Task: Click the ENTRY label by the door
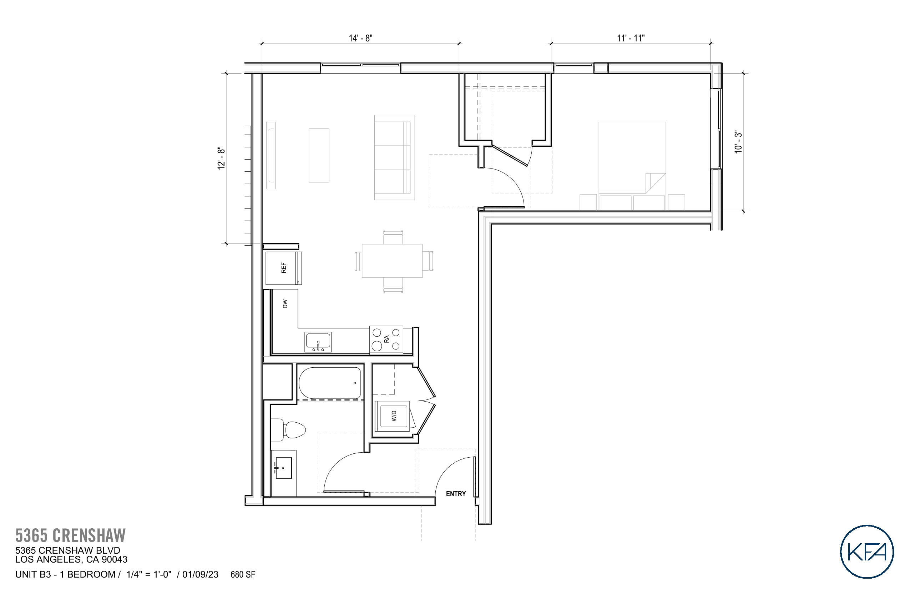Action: [x=455, y=494]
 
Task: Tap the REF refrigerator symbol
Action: [x=283, y=268]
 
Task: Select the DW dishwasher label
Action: [x=285, y=304]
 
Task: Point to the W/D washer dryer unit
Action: [x=393, y=416]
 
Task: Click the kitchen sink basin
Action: [x=318, y=341]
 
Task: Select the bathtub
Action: [x=330, y=383]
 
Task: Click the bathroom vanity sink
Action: [x=283, y=468]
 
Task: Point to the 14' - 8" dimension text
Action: [x=360, y=38]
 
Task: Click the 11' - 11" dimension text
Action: [x=631, y=38]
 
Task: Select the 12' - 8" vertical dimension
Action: [x=221, y=158]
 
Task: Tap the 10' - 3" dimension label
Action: [x=738, y=142]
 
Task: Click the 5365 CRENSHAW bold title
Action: [x=70, y=535]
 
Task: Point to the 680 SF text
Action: [x=243, y=574]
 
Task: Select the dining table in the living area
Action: [x=392, y=261]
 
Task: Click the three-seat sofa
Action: [x=394, y=157]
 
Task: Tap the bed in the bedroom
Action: [x=632, y=157]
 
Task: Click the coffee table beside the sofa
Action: [x=319, y=155]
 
